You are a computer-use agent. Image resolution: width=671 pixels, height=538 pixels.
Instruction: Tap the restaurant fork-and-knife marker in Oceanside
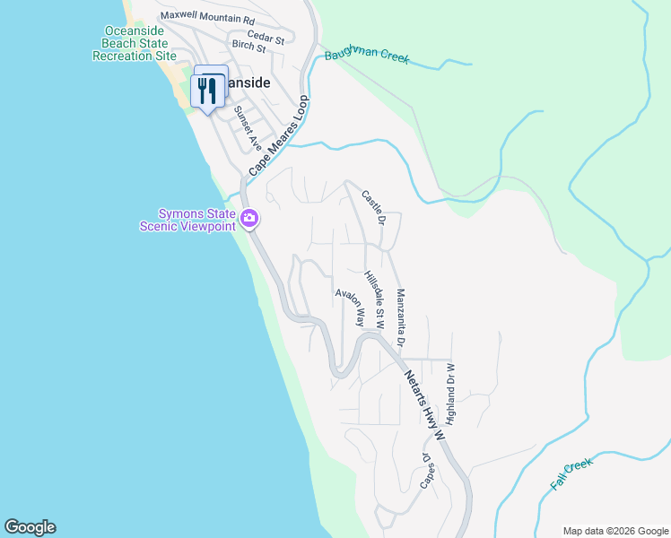pos(207,90)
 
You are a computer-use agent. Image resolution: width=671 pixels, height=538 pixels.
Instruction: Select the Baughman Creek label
pos(366,56)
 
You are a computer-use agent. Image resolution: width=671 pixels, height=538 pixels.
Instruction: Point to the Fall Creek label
pos(571,473)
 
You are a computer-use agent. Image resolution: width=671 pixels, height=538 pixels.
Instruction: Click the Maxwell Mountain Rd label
pos(207,19)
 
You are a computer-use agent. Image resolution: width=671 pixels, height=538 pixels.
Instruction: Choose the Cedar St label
pos(266,39)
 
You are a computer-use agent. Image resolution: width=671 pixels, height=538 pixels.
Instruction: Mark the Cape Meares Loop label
pos(279,134)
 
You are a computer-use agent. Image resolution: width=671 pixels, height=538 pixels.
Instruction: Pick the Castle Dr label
pos(373,207)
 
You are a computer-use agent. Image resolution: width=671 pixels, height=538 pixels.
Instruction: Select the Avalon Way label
pos(350,306)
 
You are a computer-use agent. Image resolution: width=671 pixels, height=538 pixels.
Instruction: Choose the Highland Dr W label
pos(450,394)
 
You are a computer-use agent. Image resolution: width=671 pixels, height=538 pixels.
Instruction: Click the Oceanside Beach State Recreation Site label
pos(135,42)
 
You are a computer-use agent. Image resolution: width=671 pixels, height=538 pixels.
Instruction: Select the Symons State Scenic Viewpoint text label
pos(187,220)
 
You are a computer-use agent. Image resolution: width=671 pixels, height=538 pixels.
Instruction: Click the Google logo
pos(30,527)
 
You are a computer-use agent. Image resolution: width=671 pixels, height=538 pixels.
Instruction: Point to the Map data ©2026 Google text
pos(614,531)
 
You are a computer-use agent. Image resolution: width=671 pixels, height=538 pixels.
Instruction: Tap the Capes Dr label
pos(427,470)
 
